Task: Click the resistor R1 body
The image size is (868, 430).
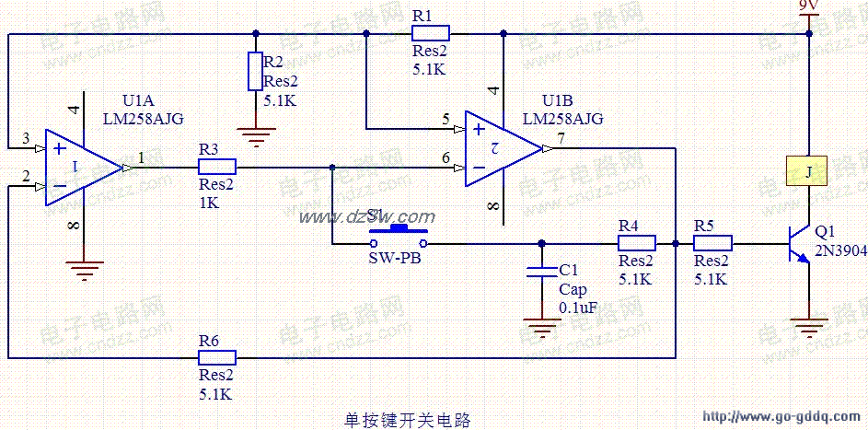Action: click(429, 35)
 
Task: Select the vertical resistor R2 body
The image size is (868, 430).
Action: click(255, 71)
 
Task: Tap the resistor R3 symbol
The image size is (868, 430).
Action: click(217, 167)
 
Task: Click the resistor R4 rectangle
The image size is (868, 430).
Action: click(636, 243)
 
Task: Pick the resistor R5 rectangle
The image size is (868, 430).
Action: click(712, 243)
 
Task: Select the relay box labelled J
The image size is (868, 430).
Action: click(808, 170)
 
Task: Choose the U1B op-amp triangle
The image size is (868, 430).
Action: click(503, 147)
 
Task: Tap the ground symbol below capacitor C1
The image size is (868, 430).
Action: click(541, 327)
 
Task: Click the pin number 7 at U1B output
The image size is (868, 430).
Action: click(561, 138)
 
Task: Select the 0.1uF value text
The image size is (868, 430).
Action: click(578, 308)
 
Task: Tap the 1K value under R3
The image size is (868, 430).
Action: click(209, 203)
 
